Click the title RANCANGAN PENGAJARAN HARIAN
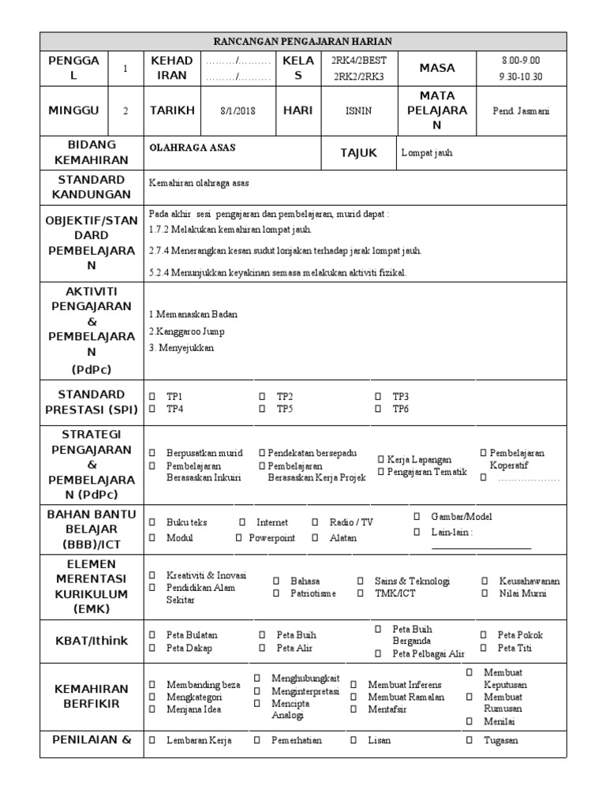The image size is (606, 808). [x=303, y=42]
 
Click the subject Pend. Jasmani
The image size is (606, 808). [x=520, y=110]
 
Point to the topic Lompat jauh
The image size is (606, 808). [x=427, y=153]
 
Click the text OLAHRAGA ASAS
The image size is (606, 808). [x=193, y=148]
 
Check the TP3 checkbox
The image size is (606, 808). [x=378, y=396]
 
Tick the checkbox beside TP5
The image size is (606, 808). [x=262, y=409]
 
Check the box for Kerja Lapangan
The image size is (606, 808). [x=380, y=459]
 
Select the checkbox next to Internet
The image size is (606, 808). [x=242, y=522]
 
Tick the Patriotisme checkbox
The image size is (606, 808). [x=276, y=593]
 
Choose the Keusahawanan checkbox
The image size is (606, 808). [x=483, y=581]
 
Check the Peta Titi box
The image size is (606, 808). [x=483, y=648]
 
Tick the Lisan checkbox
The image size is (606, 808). [x=353, y=740]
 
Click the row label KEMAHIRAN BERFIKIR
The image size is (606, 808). [x=92, y=696]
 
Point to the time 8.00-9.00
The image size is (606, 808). [x=520, y=61]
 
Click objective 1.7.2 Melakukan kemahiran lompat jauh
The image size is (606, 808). [x=230, y=230]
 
